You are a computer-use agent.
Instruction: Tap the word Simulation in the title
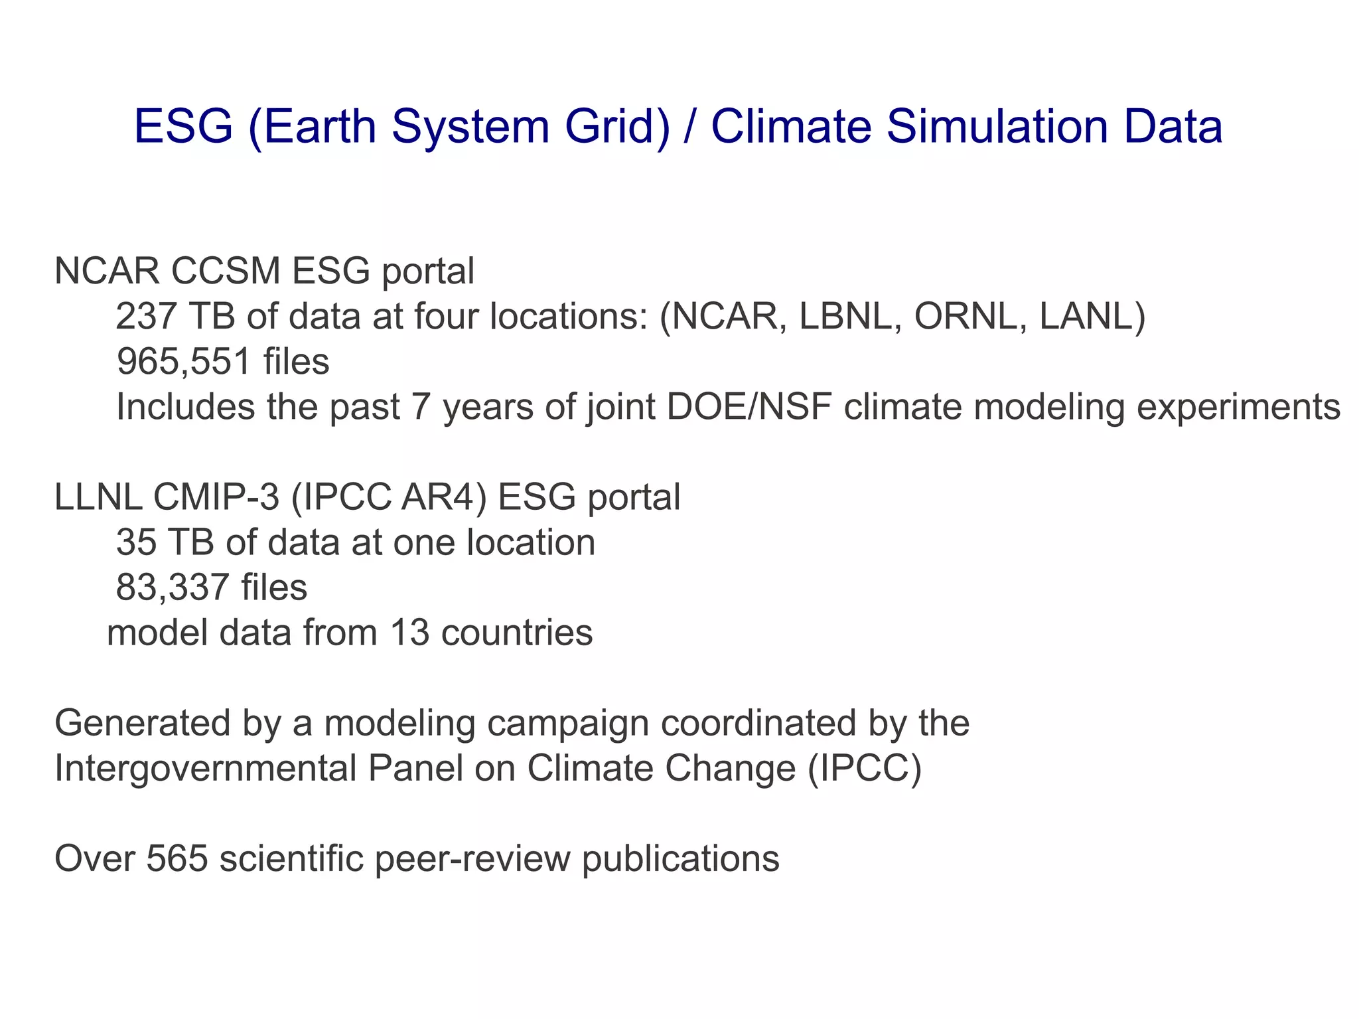coord(998,126)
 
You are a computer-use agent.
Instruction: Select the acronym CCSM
coord(226,271)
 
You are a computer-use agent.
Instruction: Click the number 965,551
coord(184,362)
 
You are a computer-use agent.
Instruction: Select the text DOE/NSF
coord(749,407)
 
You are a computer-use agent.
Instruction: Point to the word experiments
coord(1238,407)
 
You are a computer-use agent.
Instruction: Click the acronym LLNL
coord(98,497)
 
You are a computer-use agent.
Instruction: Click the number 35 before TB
coord(136,542)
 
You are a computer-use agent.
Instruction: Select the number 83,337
coord(173,588)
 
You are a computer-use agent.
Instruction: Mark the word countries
coord(516,633)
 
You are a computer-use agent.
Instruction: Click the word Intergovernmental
coord(205,769)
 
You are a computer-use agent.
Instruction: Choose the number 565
coord(177,858)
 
